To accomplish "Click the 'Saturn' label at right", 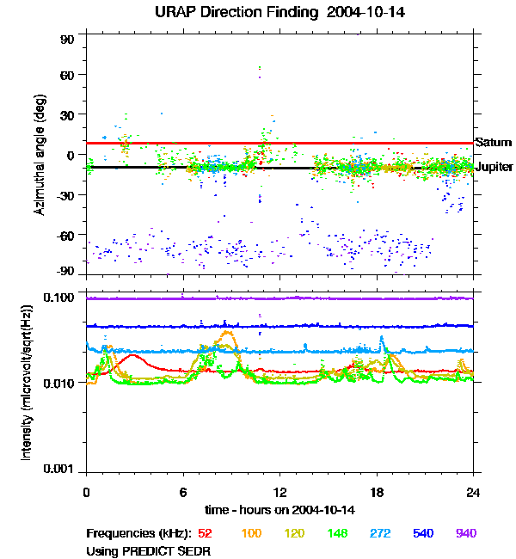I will [493, 143].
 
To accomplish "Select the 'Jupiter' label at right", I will [494, 167].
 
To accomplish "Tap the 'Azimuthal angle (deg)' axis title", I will [40, 155].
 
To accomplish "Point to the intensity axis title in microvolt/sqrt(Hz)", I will [27, 382].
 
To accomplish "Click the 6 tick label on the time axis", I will [183, 493].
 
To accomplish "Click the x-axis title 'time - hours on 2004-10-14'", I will [279, 510].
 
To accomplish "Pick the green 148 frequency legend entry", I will [336, 534].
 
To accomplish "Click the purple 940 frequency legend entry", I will [465, 534].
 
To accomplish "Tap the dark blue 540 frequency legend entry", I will [422, 534].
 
